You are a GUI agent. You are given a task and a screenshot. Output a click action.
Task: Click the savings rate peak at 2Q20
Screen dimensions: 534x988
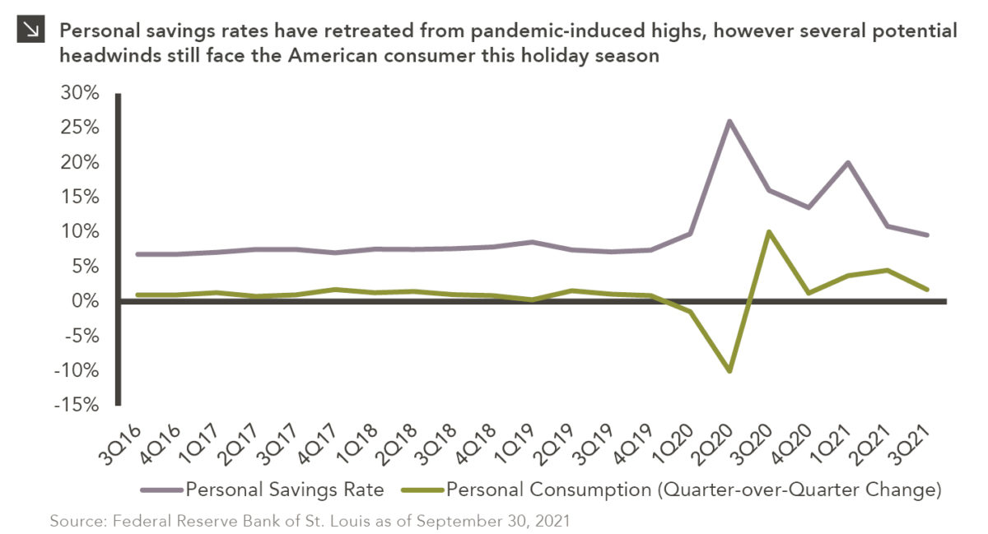tap(729, 121)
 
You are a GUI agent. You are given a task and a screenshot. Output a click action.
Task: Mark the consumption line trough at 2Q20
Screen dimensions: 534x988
tap(729, 370)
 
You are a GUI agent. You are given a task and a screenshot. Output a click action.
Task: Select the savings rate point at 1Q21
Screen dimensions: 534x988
tap(848, 162)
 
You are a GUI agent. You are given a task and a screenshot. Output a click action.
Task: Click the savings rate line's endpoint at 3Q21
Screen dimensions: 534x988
tap(927, 235)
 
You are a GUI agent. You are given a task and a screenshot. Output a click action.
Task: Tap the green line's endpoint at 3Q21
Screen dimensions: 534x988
tap(927, 290)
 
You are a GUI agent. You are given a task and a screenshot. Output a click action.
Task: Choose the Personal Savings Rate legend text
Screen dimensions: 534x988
tap(285, 490)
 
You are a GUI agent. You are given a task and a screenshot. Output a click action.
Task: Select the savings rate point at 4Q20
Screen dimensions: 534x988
tap(809, 207)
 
